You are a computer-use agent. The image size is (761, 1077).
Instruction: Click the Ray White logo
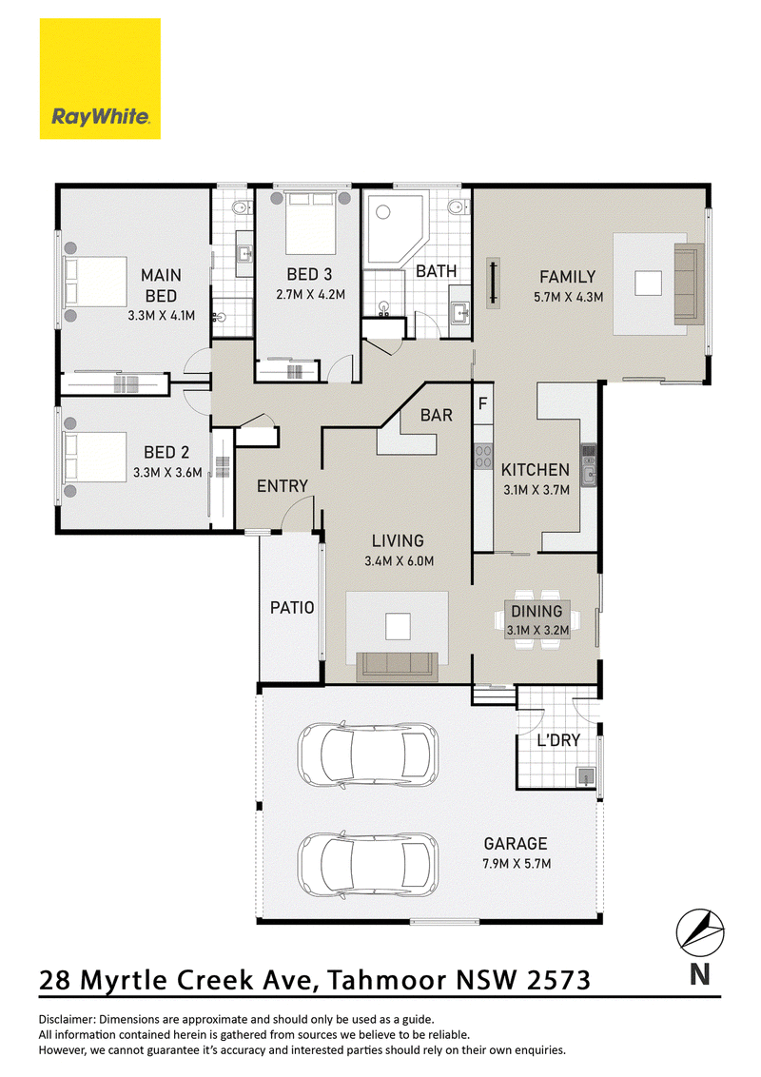tap(100, 78)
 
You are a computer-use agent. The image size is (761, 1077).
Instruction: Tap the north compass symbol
tap(700, 933)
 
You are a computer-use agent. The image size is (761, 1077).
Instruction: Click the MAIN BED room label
tap(162, 285)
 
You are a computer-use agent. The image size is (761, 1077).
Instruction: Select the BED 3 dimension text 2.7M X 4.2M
tap(310, 295)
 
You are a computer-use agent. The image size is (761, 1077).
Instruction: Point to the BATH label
tap(436, 271)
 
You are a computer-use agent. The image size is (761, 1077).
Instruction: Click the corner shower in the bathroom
tap(397, 229)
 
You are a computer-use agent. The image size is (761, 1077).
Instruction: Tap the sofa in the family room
tap(690, 283)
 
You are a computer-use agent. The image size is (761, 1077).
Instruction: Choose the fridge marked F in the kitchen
tap(482, 403)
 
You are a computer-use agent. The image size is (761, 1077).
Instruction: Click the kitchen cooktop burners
tap(483, 457)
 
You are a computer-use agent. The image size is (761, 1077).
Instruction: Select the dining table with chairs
tap(537, 618)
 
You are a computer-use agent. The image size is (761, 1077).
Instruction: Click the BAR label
tap(436, 416)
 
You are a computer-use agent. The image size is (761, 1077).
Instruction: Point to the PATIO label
tap(292, 608)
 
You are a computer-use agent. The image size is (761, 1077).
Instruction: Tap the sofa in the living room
tap(397, 666)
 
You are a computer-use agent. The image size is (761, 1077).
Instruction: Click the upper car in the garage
tap(367, 754)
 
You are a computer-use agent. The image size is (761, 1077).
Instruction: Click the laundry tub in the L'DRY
tap(585, 776)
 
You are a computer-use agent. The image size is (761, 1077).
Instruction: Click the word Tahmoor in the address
tap(386, 980)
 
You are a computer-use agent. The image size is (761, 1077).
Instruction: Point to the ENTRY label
tap(283, 486)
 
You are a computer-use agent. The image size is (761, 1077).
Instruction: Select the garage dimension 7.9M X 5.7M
tap(517, 864)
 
